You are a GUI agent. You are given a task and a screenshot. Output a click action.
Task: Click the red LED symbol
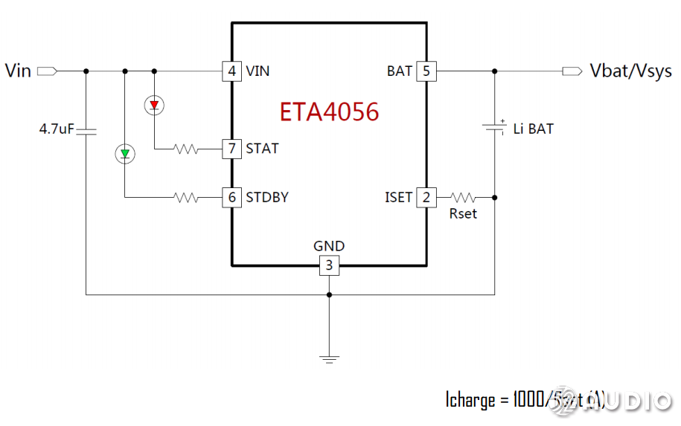click(154, 106)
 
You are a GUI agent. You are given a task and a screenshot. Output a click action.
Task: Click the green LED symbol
click(124, 154)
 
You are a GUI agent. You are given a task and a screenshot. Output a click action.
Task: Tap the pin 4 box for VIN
click(232, 71)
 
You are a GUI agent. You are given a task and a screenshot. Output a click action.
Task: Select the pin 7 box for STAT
click(232, 149)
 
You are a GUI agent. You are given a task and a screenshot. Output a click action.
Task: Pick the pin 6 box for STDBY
click(232, 198)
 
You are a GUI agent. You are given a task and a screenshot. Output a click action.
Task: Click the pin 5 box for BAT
click(426, 71)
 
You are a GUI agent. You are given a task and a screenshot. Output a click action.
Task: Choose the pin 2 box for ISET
click(426, 198)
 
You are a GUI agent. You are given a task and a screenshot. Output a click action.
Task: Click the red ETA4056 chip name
click(329, 112)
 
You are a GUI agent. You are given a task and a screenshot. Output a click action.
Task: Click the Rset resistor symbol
click(463, 198)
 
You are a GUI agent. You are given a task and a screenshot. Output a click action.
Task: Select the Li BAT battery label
click(534, 129)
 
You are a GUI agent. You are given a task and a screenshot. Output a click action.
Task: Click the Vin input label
click(18, 71)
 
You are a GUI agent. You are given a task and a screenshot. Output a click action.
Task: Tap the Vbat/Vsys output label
click(630, 71)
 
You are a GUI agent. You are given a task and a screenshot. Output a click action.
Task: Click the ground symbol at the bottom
click(329, 358)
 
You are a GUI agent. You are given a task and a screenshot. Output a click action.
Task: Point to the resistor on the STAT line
click(186, 149)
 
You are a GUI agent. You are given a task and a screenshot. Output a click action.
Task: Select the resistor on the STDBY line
click(186, 198)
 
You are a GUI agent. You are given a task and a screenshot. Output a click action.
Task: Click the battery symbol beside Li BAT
click(495, 126)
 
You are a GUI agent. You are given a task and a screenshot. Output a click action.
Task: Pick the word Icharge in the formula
click(470, 400)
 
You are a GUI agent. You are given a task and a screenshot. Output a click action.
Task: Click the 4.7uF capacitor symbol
click(86, 131)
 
